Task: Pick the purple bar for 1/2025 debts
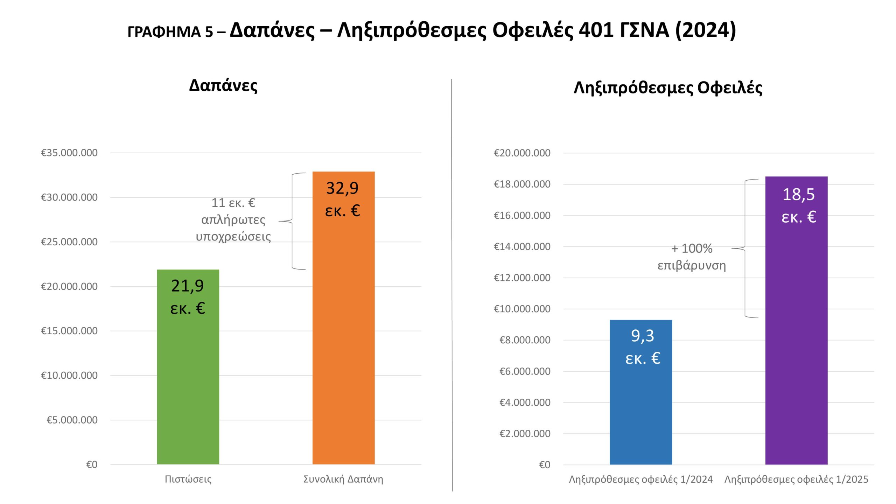(x=796, y=350)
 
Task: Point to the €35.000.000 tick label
(x=69, y=153)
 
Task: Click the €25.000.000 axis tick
(x=69, y=242)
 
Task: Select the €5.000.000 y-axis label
(x=72, y=420)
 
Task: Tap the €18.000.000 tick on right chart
(x=522, y=184)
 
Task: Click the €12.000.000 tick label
(x=522, y=278)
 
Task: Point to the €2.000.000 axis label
(x=525, y=434)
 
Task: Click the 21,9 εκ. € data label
(x=188, y=297)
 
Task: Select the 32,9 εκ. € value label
(x=343, y=199)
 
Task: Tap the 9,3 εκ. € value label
(x=643, y=347)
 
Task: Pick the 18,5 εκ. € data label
(x=799, y=205)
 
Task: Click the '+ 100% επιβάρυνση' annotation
(x=692, y=257)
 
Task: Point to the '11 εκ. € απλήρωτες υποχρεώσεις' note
(x=233, y=219)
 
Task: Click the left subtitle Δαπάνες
(x=223, y=85)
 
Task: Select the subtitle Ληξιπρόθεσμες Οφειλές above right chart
(x=668, y=87)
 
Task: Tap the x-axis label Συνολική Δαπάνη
(x=343, y=479)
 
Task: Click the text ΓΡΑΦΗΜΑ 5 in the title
(x=170, y=32)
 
